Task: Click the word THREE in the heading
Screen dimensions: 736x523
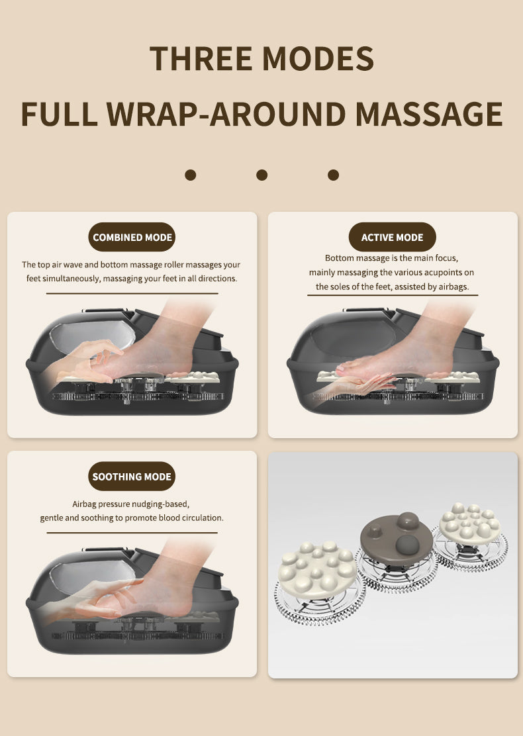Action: [199, 59]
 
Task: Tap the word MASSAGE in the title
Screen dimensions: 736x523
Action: [429, 114]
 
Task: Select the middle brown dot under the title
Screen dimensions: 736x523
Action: [262, 175]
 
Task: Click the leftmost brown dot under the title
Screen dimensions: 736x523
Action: [191, 175]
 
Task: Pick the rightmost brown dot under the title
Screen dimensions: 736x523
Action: [334, 175]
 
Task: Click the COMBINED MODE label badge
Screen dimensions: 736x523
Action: [132, 238]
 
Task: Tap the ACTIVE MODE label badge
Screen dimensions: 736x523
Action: [392, 238]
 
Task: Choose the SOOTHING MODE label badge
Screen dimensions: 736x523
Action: [132, 477]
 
